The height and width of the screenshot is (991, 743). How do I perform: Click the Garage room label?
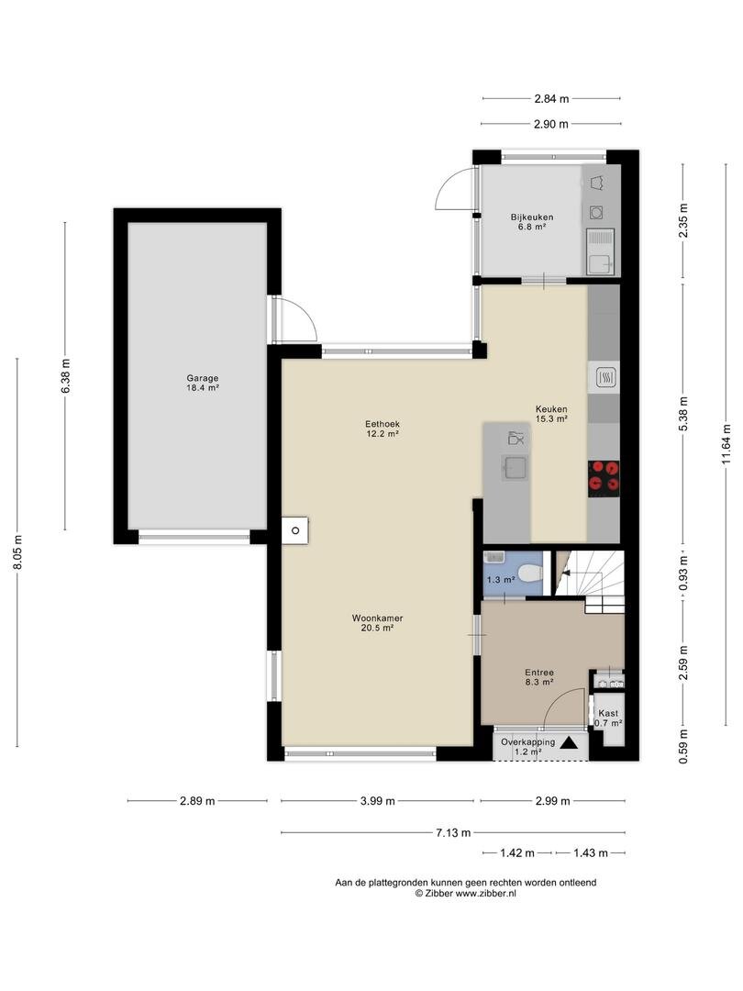click(x=202, y=379)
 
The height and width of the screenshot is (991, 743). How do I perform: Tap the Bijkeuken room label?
click(x=532, y=217)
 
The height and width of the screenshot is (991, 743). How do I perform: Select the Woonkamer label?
click(x=377, y=618)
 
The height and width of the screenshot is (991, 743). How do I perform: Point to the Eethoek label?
click(x=383, y=424)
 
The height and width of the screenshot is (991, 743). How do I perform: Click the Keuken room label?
click(x=551, y=409)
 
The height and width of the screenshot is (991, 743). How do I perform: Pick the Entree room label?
click(x=539, y=673)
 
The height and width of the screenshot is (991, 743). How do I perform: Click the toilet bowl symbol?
click(x=530, y=573)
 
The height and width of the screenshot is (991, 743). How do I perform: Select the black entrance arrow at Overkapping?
click(x=569, y=743)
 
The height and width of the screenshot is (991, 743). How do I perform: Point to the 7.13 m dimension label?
click(x=453, y=832)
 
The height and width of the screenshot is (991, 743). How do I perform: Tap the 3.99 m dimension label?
click(x=377, y=801)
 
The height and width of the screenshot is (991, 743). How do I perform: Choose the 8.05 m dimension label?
click(x=17, y=551)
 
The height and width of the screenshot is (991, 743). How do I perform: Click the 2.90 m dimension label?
click(x=551, y=124)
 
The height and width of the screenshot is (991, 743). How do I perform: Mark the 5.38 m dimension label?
click(x=683, y=414)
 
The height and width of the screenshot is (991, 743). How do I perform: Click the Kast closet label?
click(x=608, y=714)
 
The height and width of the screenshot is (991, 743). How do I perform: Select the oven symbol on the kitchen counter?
click(x=604, y=378)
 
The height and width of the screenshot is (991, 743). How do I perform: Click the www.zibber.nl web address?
click(x=486, y=894)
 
